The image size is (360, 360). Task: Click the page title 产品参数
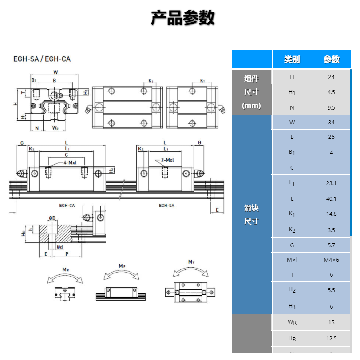click(x=182, y=18)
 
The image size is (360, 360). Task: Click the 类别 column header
click(x=292, y=59)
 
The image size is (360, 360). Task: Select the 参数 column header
click(x=331, y=59)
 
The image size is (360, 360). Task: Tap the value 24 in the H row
click(x=331, y=77)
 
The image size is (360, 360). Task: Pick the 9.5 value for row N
click(x=331, y=107)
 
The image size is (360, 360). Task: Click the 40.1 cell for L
click(x=331, y=198)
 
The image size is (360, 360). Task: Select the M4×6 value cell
click(x=331, y=260)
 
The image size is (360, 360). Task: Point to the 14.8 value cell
click(x=331, y=214)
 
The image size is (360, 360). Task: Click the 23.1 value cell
click(x=331, y=183)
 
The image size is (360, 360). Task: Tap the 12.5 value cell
click(x=331, y=338)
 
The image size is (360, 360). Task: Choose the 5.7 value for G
click(x=331, y=245)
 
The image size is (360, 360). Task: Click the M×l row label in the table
click(x=292, y=260)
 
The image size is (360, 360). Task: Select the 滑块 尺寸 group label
click(x=251, y=214)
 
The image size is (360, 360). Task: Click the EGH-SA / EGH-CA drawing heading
click(x=42, y=59)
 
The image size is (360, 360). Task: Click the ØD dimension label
click(x=52, y=218)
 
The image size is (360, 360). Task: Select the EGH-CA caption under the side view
click(x=67, y=206)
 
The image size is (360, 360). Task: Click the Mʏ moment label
click(x=191, y=262)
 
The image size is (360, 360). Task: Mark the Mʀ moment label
click(x=65, y=269)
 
